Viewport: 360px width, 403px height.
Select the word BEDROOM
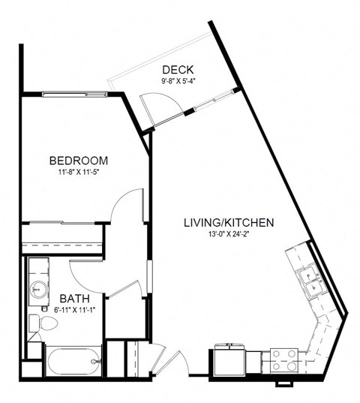tap(78, 161)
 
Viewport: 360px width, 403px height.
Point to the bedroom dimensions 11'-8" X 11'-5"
tap(78, 173)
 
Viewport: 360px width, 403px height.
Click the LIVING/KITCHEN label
tap(229, 223)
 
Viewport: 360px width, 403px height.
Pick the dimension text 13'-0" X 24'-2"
tap(229, 235)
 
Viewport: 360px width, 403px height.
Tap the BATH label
tap(75, 299)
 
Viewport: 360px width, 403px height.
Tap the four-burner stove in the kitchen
tap(283, 359)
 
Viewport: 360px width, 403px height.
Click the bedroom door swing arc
tap(125, 206)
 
